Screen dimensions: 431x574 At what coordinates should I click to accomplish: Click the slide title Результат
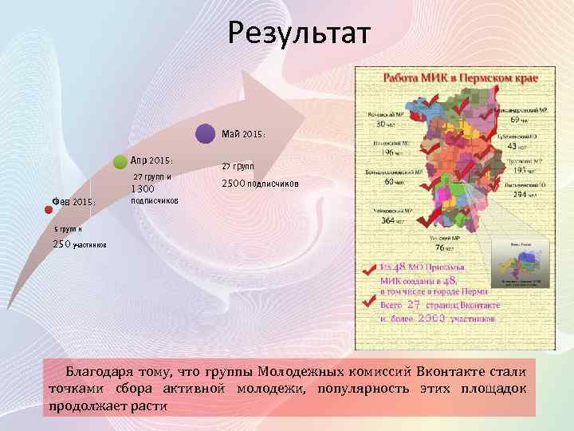[299, 34]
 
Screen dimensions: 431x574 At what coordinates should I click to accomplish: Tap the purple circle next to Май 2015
[206, 133]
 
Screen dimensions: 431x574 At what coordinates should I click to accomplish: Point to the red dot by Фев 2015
[49, 210]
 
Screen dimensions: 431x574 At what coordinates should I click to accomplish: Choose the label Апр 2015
[151, 160]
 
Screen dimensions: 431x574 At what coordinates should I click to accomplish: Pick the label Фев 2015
[74, 203]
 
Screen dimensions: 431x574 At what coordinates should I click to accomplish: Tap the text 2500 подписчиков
[260, 184]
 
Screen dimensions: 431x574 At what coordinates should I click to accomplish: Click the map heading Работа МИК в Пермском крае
[462, 79]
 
